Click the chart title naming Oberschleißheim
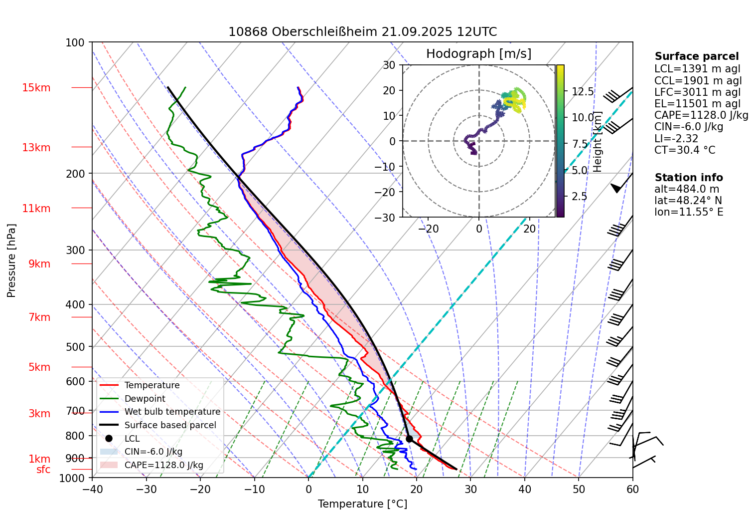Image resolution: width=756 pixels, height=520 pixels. pyautogui.click(x=362, y=32)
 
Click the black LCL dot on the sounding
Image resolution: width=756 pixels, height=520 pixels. pyautogui.click(x=409, y=439)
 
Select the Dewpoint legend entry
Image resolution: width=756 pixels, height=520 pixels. pyautogui.click(x=145, y=399)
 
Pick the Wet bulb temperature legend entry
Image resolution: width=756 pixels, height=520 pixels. pyautogui.click(x=172, y=412)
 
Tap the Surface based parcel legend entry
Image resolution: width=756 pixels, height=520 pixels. pyautogui.click(x=170, y=425)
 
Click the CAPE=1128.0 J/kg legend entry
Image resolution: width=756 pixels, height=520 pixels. pyautogui.click(x=163, y=465)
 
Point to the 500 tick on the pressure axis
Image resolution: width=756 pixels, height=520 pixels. pyautogui.click(x=75, y=347)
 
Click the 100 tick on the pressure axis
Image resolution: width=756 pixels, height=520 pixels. pyautogui.click(x=75, y=43)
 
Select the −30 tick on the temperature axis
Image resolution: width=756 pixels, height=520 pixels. pyautogui.click(x=146, y=489)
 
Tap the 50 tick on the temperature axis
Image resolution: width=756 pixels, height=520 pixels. pyautogui.click(x=579, y=489)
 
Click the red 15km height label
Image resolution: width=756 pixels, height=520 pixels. pyautogui.click(x=36, y=88)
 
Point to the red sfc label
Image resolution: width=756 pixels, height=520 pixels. pyautogui.click(x=43, y=470)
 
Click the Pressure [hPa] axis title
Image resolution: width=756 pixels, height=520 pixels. pyautogui.click(x=11, y=260)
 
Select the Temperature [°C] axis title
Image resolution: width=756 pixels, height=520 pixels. pyautogui.click(x=362, y=504)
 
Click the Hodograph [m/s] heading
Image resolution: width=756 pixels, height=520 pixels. pyautogui.click(x=478, y=54)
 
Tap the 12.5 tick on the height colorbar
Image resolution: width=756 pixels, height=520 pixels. pyautogui.click(x=583, y=91)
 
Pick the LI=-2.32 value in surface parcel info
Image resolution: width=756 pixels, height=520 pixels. pyautogui.click(x=676, y=138)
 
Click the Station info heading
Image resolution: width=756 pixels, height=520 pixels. pyautogui.click(x=688, y=178)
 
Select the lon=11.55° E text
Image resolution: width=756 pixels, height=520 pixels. pyautogui.click(x=689, y=212)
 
